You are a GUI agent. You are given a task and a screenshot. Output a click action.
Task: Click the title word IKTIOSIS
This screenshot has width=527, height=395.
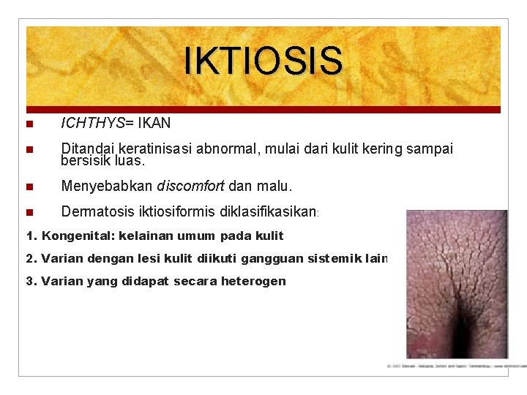(263, 61)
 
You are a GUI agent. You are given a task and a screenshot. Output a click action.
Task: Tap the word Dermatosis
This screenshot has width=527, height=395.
(97, 212)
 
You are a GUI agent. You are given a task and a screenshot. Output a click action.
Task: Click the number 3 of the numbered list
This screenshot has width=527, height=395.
(29, 281)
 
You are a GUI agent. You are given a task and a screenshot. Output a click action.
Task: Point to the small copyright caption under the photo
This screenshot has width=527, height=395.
(454, 364)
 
